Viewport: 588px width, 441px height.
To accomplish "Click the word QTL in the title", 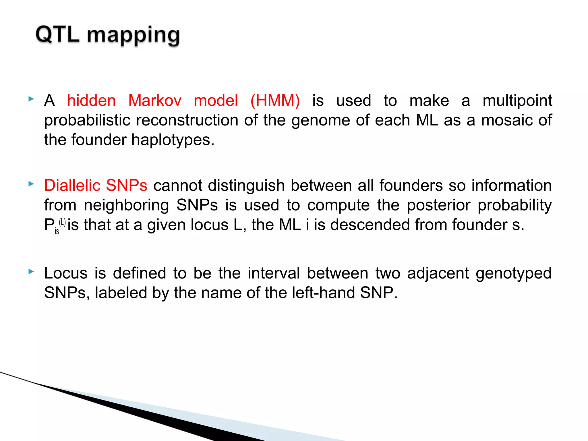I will point(57,35).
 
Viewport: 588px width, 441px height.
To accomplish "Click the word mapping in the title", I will point(133,36).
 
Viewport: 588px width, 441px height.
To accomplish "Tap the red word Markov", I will point(155,101).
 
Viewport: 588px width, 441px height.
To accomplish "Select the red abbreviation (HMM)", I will point(275,101).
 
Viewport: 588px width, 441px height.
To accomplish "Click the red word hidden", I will point(91,101).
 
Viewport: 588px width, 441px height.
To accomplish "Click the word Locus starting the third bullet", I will point(66,273).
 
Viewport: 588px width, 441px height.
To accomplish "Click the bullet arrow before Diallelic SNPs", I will point(31,184).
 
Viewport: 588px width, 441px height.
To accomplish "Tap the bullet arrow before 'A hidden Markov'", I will point(31,99).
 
